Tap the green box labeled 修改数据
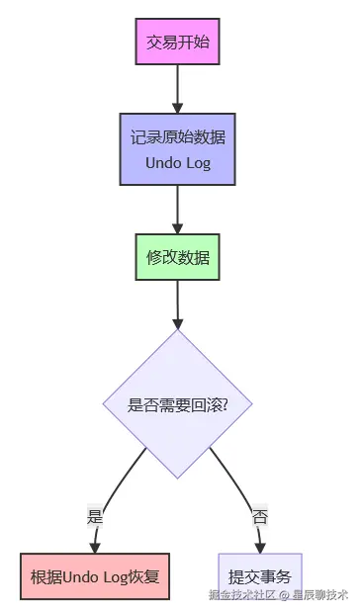178,257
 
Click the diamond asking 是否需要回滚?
178,404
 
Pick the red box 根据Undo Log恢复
95,575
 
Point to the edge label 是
95,516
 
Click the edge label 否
260,516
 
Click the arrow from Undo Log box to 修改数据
178,210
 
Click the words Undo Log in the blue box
178,161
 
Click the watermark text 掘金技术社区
241,595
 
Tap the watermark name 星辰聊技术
319,595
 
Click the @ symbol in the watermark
283,595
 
